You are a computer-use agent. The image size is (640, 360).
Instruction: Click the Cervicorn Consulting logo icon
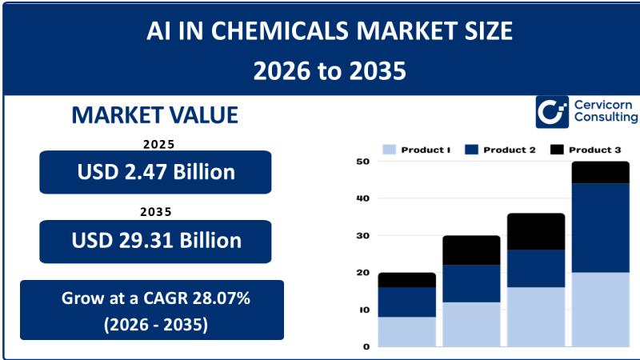coord(552,112)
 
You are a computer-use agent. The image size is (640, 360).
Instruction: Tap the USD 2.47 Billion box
coord(155,172)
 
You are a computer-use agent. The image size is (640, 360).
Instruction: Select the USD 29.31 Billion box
coord(155,241)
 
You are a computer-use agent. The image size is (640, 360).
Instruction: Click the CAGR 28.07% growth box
coord(151,310)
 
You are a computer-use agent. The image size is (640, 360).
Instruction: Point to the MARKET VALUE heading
coord(154,115)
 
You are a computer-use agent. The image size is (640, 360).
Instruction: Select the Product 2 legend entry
coord(499,150)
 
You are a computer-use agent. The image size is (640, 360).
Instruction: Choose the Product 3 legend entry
coord(585,150)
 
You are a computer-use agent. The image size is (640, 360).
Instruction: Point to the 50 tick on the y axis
coord(362,162)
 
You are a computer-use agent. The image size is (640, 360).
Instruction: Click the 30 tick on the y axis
coord(362,236)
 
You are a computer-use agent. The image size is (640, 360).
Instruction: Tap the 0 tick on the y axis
coord(366,346)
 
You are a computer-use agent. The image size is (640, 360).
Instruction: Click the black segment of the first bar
coord(406,280)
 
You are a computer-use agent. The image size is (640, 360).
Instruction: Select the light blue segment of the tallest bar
coord(600,309)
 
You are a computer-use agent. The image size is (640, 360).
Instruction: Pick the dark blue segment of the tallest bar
coord(600,228)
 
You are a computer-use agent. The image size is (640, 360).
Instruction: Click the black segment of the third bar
coord(535,231)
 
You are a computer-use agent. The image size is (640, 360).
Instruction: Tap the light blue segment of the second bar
coord(471,324)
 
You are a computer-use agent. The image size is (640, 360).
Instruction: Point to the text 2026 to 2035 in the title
coord(330,71)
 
